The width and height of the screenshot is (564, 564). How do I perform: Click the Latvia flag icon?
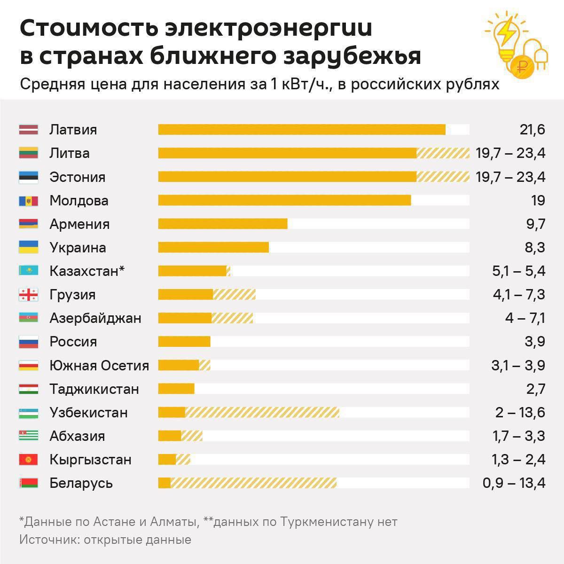point(28,130)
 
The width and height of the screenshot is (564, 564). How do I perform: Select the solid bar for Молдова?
point(284,201)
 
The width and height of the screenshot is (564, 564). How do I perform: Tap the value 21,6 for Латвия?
point(532,130)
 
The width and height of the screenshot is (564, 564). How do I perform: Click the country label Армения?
point(79,224)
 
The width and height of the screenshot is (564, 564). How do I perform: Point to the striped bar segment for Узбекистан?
point(262,413)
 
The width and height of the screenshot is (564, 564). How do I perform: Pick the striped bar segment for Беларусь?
point(253,483)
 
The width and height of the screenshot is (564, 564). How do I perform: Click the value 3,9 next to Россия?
point(534,342)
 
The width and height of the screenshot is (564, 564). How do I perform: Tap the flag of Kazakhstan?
point(28,271)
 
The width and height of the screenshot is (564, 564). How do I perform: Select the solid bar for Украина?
point(213,248)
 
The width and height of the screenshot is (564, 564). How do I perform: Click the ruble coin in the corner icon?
point(521,66)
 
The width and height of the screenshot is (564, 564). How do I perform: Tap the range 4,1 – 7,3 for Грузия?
point(518,295)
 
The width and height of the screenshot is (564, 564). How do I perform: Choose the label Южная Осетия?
point(99,366)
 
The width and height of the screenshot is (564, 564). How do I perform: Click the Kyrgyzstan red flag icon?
point(28,460)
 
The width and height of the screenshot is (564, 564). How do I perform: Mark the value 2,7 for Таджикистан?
point(535,389)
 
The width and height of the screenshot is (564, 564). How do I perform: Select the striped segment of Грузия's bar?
point(234,295)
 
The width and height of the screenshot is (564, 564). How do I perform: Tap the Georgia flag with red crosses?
point(28,295)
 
